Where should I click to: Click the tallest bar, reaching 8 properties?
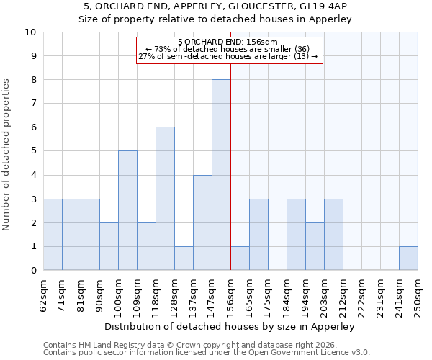221,175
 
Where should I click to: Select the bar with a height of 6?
165,199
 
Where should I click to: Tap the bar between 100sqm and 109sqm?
127,210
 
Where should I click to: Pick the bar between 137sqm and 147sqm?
202,222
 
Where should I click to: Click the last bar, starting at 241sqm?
408,258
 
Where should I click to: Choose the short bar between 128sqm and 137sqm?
184,258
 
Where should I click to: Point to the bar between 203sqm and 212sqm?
333,234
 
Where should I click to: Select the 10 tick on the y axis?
31,32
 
